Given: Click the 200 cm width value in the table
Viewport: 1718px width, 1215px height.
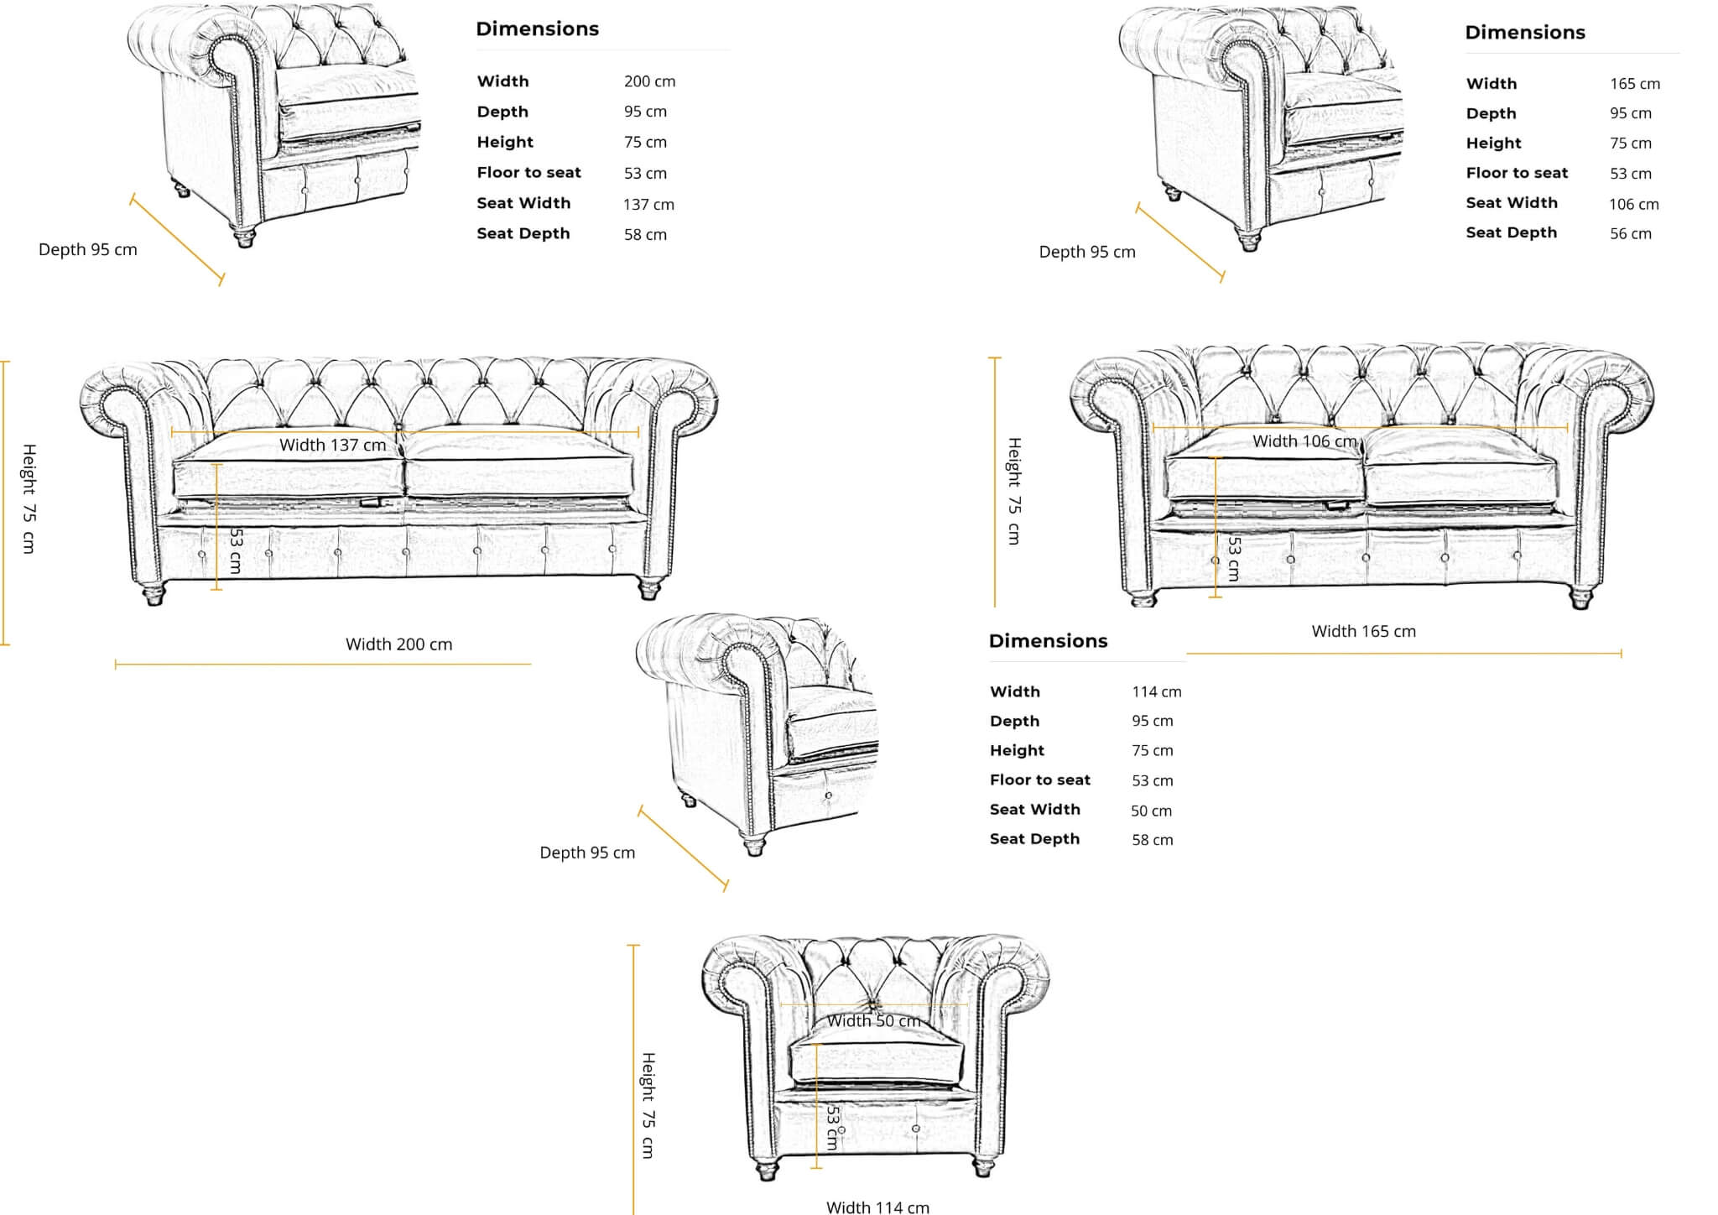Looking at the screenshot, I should [x=649, y=81].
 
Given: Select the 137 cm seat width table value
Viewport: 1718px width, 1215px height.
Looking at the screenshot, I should [x=648, y=204].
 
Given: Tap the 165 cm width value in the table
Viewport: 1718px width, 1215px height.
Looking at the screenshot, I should [x=1634, y=84].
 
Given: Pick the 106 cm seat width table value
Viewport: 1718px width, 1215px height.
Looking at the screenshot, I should [x=1633, y=204].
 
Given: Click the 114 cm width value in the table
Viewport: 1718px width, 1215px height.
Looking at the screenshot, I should [x=1156, y=692].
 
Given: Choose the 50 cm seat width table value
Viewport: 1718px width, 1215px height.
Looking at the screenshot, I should [x=1151, y=811].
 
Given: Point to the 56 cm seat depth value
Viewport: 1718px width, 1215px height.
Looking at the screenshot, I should [x=1630, y=234].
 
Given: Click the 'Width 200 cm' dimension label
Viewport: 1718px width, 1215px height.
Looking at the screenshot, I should [x=398, y=644].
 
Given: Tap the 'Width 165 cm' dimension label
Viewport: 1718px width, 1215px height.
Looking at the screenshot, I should [x=1363, y=631].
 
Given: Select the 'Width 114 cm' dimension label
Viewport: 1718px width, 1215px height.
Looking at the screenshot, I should [x=877, y=1207].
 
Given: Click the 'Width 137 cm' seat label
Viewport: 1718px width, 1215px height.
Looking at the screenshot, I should [x=332, y=446].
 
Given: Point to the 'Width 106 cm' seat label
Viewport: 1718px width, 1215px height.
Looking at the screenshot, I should [x=1304, y=441].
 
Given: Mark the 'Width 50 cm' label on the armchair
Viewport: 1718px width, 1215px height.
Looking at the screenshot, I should [x=874, y=1021].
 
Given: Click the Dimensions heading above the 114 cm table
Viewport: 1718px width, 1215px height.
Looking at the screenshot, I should [x=1048, y=641].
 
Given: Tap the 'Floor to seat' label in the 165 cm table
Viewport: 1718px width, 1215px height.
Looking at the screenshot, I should [x=1517, y=173].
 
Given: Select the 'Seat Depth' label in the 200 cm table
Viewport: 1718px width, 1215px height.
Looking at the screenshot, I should [x=523, y=233].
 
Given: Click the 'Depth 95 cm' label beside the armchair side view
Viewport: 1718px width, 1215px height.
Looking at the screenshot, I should [x=587, y=853].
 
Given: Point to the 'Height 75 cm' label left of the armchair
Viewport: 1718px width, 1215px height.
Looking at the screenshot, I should [x=648, y=1105].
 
